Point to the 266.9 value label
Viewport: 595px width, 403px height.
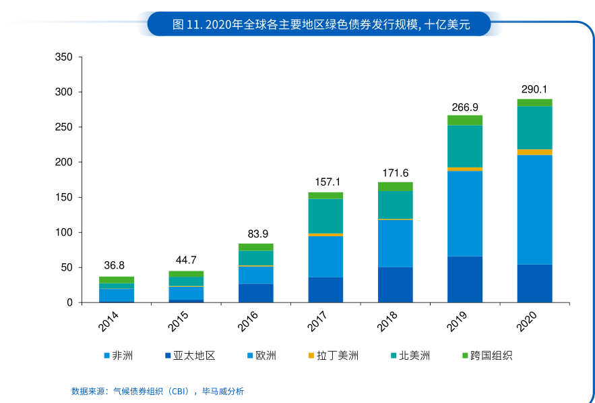[x=465, y=107]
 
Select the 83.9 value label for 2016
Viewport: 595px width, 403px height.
[x=255, y=234]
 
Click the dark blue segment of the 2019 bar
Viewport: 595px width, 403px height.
[x=465, y=279]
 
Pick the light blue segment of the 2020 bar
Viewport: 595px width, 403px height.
[x=534, y=209]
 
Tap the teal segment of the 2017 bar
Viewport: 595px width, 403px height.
[x=325, y=215]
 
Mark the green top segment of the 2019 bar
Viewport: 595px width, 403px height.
[x=465, y=120]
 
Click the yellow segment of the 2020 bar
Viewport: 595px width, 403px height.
[x=534, y=153]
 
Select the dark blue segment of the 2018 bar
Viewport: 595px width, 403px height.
[x=395, y=284]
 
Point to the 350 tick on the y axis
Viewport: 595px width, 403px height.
[x=64, y=57]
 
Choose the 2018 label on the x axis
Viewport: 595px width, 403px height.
[x=387, y=321]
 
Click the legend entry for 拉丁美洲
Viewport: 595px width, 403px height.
[x=333, y=355]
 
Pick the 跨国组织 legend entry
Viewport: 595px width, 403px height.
[x=487, y=355]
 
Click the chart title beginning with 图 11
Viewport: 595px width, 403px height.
[x=321, y=25]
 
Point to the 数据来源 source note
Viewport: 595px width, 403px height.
[x=158, y=391]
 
